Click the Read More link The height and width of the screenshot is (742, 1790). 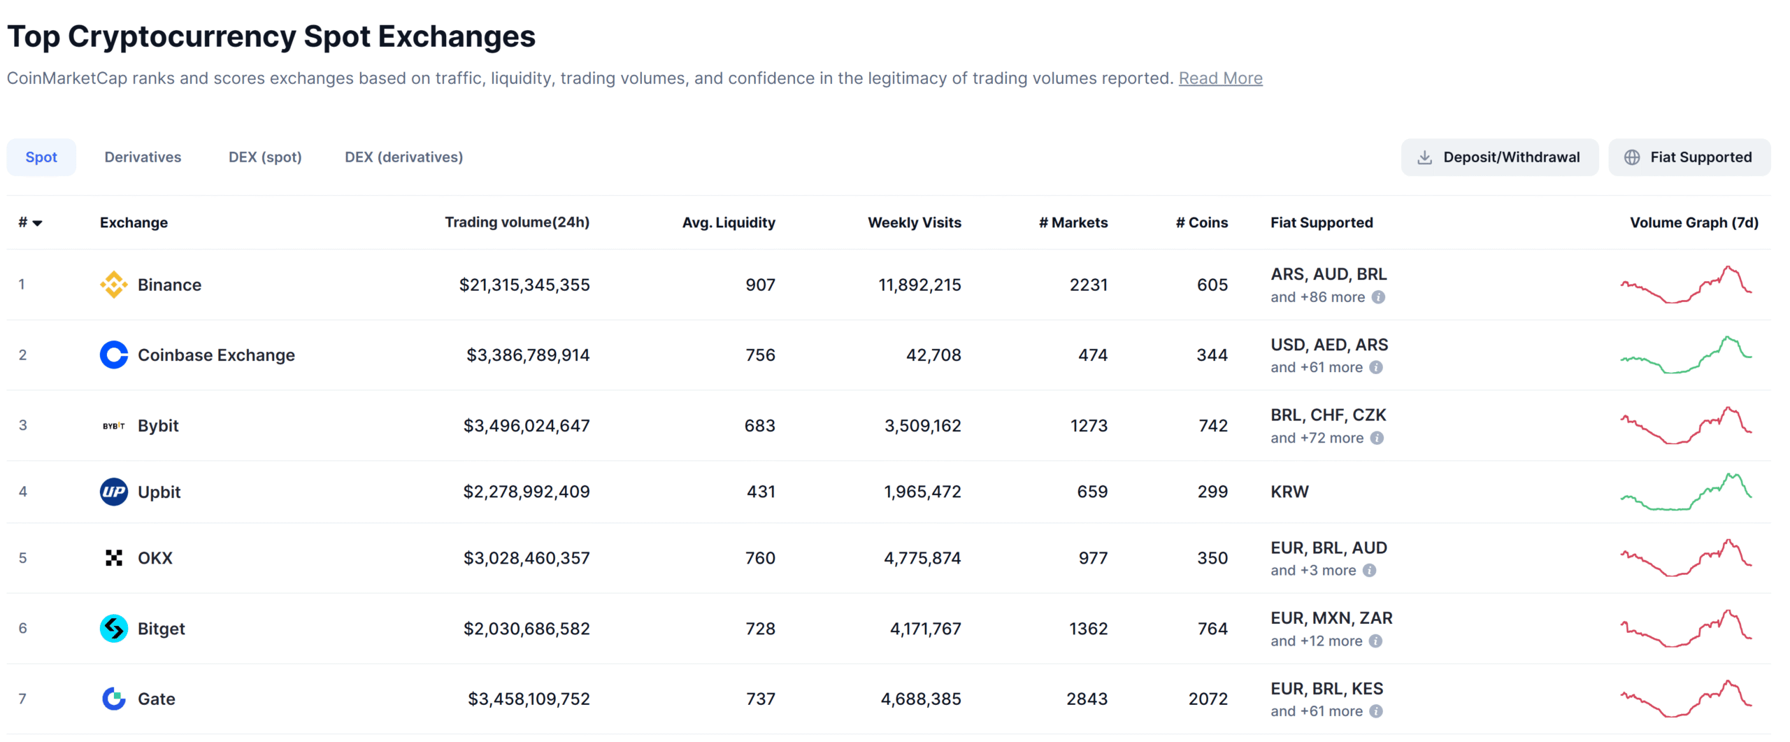pyautogui.click(x=1220, y=78)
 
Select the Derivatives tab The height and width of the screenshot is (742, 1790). pyautogui.click(x=143, y=157)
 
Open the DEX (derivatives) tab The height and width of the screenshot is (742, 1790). pyautogui.click(x=403, y=157)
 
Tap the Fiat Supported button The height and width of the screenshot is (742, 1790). pyautogui.click(x=1689, y=157)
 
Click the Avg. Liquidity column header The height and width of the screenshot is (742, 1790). pyautogui.click(x=728, y=222)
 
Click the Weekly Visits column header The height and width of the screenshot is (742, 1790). pyautogui.click(x=914, y=222)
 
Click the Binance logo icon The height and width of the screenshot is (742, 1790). pyautogui.click(x=113, y=285)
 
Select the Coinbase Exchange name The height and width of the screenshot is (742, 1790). pyautogui.click(x=216, y=355)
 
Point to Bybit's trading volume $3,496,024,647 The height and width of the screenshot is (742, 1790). pyautogui.click(x=526, y=426)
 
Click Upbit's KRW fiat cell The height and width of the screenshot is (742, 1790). pyautogui.click(x=1289, y=492)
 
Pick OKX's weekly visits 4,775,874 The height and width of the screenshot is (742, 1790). pyautogui.click(x=922, y=558)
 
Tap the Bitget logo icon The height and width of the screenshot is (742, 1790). pyautogui.click(x=113, y=629)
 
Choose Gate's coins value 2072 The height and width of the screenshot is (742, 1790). pyautogui.click(x=1208, y=699)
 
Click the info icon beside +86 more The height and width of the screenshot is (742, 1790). pyautogui.click(x=1378, y=297)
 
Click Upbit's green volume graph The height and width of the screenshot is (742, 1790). pyautogui.click(x=1685, y=492)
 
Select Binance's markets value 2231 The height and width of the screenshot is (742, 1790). pyautogui.click(x=1088, y=285)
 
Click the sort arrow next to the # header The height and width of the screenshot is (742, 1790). pyautogui.click(x=38, y=223)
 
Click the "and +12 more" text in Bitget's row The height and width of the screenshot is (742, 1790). pyautogui.click(x=1316, y=641)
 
